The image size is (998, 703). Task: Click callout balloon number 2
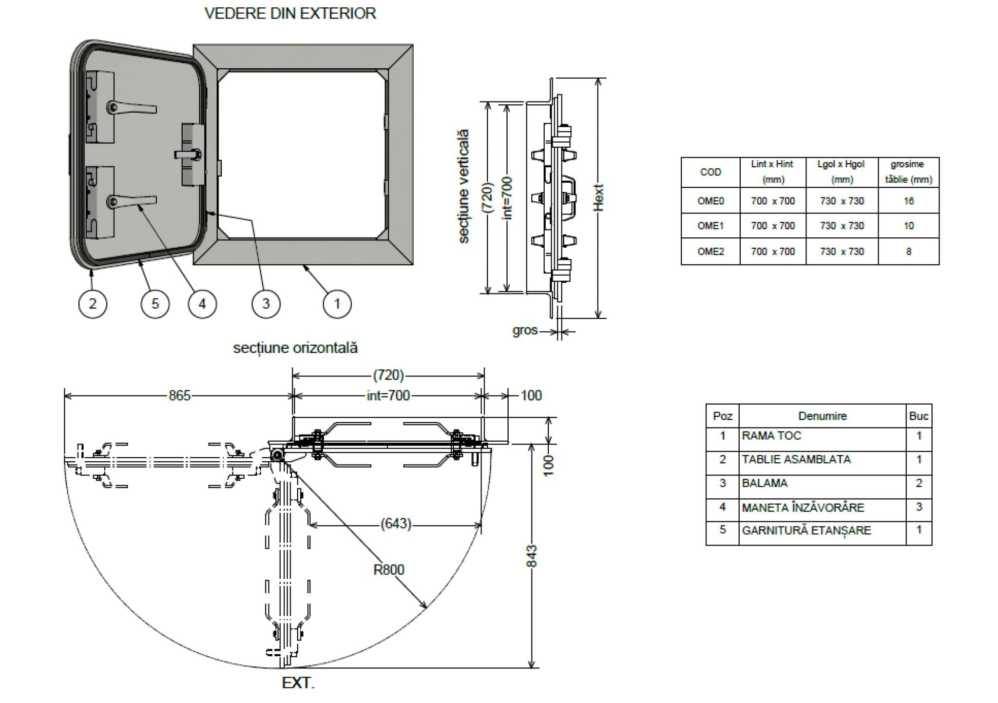pyautogui.click(x=93, y=304)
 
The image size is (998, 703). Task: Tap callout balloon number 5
pyautogui.click(x=155, y=304)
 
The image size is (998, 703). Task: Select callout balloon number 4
pyautogui.click(x=202, y=304)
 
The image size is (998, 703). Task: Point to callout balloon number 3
pyautogui.click(x=266, y=304)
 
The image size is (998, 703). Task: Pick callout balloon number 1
pyautogui.click(x=337, y=304)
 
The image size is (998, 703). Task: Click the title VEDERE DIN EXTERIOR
pyautogui.click(x=290, y=13)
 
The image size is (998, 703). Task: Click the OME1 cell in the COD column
pyautogui.click(x=710, y=226)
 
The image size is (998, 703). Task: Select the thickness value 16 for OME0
pyautogui.click(x=908, y=201)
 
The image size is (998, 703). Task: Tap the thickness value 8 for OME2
pyautogui.click(x=908, y=252)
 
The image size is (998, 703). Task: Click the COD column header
pyautogui.click(x=710, y=172)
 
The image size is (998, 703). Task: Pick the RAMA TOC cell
pyautogui.click(x=771, y=435)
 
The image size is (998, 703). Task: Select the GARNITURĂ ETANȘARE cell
pyautogui.click(x=806, y=530)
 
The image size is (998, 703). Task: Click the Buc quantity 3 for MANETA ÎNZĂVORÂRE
pyautogui.click(x=919, y=507)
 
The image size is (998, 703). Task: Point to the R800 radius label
pyautogui.click(x=388, y=569)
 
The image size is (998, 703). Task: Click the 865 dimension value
pyautogui.click(x=179, y=395)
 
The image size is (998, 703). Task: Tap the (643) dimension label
pyautogui.click(x=396, y=524)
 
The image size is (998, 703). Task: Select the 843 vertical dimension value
pyautogui.click(x=532, y=556)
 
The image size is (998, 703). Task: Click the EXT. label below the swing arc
pyautogui.click(x=298, y=683)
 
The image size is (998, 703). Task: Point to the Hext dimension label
pyautogui.click(x=599, y=197)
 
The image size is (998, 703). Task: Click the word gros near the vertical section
pyautogui.click(x=525, y=331)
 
